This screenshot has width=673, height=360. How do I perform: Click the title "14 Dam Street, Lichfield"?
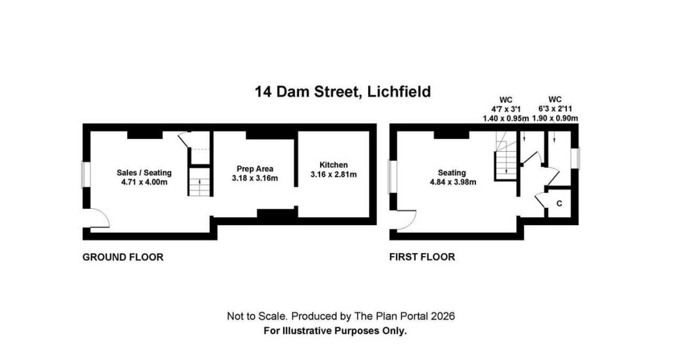[343, 92]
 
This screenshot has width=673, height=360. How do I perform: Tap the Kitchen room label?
[334, 165]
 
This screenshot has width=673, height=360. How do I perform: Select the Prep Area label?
[255, 169]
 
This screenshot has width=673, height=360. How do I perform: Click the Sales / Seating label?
[144, 172]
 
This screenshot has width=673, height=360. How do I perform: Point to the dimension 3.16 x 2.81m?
[334, 175]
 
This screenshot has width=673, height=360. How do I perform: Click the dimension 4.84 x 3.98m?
[453, 182]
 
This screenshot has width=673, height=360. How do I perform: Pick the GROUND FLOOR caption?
[122, 257]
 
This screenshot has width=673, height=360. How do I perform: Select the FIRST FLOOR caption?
[422, 257]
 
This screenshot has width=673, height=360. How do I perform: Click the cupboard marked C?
[559, 203]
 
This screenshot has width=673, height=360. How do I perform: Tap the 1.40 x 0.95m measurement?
[505, 118]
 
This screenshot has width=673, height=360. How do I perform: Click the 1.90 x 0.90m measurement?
[555, 118]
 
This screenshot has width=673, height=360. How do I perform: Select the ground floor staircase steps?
[200, 182]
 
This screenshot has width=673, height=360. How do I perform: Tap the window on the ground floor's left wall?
[86, 175]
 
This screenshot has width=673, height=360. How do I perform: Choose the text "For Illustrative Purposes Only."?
[335, 331]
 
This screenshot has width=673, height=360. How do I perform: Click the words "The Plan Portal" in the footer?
[391, 317]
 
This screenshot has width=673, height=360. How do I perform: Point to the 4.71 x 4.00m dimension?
[144, 182]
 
